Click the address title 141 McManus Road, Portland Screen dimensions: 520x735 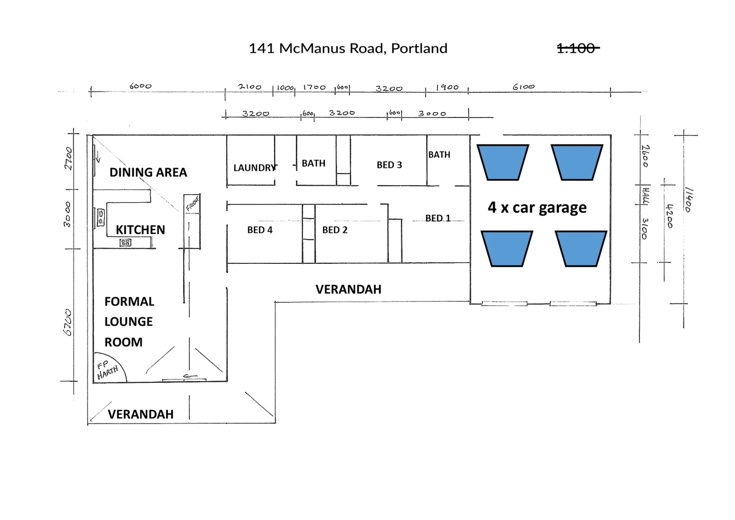click(x=348, y=49)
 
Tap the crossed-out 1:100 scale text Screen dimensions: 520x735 click(x=577, y=49)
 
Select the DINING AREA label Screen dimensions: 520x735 click(x=148, y=172)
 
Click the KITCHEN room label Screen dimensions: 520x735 click(x=140, y=230)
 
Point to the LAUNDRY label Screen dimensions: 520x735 click(x=254, y=168)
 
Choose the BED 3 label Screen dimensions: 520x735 click(x=389, y=165)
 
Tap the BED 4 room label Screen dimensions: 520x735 click(x=260, y=230)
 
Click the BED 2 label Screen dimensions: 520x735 click(x=335, y=230)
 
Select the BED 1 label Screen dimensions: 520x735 click(x=438, y=218)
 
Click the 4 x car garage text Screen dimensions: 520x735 click(x=537, y=208)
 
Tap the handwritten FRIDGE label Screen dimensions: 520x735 click(x=192, y=203)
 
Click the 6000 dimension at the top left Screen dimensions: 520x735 click(x=140, y=86)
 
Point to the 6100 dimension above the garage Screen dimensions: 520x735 click(x=523, y=87)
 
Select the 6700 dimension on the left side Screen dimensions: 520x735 click(x=68, y=323)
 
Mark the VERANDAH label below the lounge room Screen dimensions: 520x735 click(x=140, y=414)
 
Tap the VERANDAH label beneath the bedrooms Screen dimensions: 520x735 click(x=348, y=289)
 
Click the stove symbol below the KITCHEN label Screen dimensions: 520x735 click(x=126, y=243)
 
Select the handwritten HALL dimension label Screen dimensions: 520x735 click(x=646, y=196)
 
